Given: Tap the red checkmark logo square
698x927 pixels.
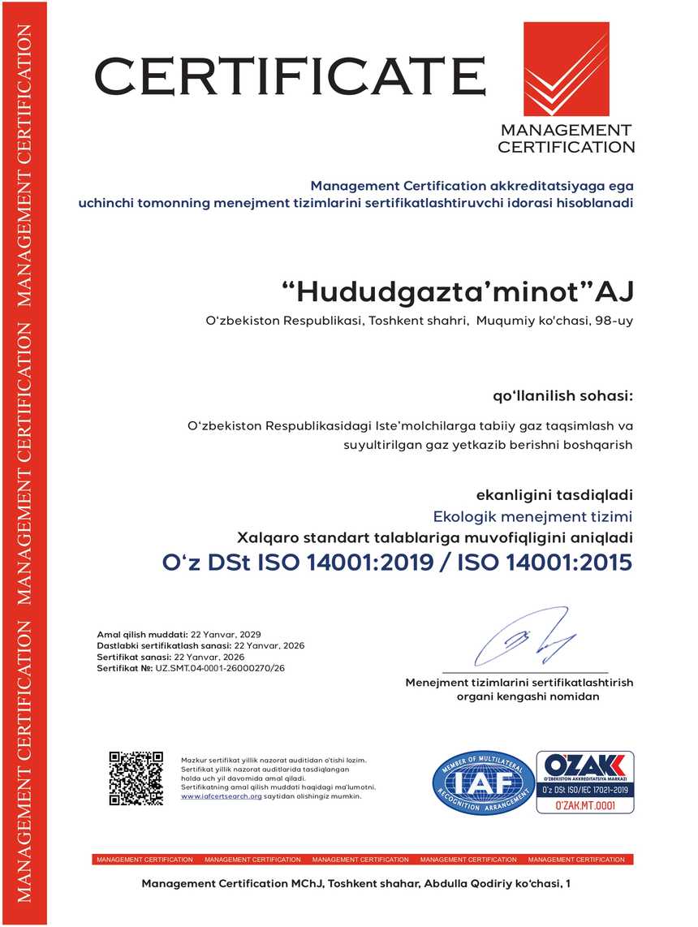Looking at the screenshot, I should coord(566,70).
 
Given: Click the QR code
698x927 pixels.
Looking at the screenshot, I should coord(136,778).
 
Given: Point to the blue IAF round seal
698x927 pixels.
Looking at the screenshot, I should coord(483,783).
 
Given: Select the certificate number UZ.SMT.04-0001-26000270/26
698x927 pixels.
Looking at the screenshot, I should coord(221,668).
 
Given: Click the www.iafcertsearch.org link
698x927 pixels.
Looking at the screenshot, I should coord(221,796).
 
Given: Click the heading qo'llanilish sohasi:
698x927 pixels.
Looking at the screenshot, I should coord(562,396).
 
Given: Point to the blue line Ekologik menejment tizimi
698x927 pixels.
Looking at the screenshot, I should coord(532,516).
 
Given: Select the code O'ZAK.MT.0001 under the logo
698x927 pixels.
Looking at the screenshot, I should coord(585,806).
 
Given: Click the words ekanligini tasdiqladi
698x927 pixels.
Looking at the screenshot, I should coord(554,494).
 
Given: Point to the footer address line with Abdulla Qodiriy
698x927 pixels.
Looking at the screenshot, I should coord(356,882).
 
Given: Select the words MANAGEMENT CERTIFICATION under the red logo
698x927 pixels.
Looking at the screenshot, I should coord(566,138).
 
